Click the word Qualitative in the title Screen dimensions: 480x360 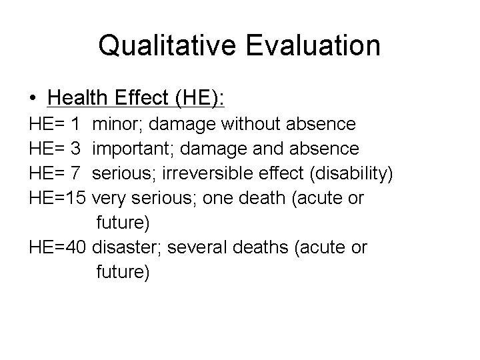(x=167, y=45)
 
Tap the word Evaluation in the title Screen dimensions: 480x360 (x=313, y=45)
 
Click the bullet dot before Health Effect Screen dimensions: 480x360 (x=33, y=98)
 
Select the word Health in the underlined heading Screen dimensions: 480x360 (x=77, y=97)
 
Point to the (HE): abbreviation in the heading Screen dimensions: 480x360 (x=200, y=98)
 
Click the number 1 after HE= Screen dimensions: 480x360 (x=75, y=124)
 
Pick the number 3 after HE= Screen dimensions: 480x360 (x=75, y=149)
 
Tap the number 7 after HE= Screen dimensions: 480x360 (x=75, y=173)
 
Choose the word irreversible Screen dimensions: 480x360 (x=207, y=173)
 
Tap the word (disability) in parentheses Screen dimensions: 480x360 (x=351, y=173)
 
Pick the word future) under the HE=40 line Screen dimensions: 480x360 (x=123, y=272)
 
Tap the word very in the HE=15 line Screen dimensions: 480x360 (x=109, y=199)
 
